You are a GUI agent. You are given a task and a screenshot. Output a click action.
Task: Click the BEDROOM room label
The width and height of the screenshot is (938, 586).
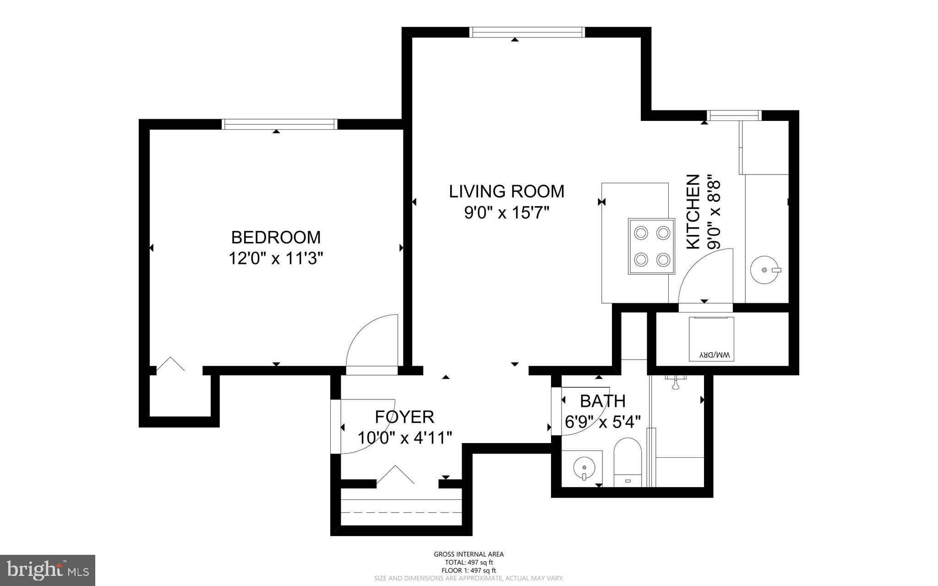click(276, 237)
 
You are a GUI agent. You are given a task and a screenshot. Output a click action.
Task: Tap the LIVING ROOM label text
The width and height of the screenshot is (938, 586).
click(507, 191)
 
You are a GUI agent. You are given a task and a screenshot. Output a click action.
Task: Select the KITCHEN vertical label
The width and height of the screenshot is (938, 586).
click(693, 212)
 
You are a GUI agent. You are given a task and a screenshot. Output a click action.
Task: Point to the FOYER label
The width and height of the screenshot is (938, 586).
click(404, 417)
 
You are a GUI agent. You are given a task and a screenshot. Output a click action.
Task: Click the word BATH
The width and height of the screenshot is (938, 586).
click(603, 401)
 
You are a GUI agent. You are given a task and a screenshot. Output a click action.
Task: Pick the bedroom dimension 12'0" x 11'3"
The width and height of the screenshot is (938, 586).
click(276, 259)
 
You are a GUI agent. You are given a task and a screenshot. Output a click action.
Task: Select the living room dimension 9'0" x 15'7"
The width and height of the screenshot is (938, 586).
click(507, 213)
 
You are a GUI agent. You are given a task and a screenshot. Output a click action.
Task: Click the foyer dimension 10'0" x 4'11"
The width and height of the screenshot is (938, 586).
click(405, 438)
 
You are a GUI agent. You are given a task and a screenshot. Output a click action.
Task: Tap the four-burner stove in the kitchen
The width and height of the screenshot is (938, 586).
click(651, 246)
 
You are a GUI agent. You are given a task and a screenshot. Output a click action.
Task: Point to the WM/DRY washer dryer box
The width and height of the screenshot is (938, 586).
click(711, 339)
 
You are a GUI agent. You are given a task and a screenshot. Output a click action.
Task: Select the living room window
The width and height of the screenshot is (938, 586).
click(528, 32)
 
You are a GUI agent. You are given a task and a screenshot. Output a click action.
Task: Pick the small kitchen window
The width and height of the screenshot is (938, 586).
click(734, 115)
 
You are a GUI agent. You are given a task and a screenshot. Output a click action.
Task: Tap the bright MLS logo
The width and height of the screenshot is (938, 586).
click(48, 570)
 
